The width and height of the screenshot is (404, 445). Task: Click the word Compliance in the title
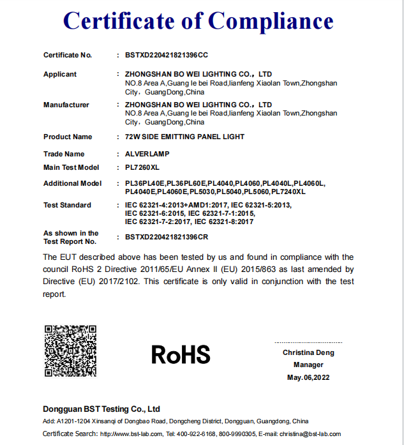click(x=271, y=22)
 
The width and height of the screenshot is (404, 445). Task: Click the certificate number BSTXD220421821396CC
click(x=167, y=56)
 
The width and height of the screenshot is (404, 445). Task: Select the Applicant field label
click(x=60, y=75)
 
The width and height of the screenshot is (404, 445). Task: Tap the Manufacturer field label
click(x=66, y=105)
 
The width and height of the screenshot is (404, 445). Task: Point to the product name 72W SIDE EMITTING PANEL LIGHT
click(x=185, y=137)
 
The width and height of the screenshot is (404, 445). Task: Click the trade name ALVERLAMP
click(x=148, y=154)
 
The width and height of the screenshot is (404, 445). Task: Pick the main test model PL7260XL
click(x=142, y=167)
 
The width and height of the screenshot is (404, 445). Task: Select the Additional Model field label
click(x=72, y=184)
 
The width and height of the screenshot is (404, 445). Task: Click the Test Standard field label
click(x=67, y=206)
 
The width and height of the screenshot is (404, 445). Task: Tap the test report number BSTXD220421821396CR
click(x=167, y=237)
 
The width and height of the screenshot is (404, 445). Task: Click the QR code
click(x=70, y=351)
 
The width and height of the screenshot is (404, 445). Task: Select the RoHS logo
click(x=181, y=354)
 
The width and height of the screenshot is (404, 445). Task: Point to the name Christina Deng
click(x=308, y=352)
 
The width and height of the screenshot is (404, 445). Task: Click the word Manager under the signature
click(x=308, y=365)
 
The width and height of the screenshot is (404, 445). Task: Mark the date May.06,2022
click(x=308, y=377)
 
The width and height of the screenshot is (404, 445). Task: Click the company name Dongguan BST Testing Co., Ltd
click(x=101, y=409)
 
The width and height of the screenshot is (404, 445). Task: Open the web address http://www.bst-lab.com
click(x=131, y=434)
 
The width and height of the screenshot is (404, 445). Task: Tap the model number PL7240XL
click(x=288, y=192)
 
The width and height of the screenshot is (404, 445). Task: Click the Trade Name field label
click(x=64, y=154)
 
